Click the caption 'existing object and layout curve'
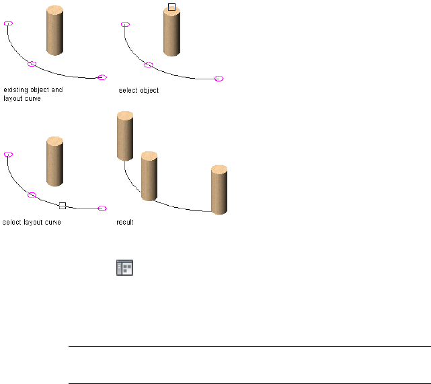click(x=33, y=93)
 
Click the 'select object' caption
click(x=139, y=89)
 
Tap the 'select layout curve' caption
click(x=32, y=222)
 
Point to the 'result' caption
click(x=125, y=222)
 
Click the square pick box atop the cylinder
click(x=171, y=7)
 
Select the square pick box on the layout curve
click(x=63, y=206)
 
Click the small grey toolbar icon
click(x=125, y=268)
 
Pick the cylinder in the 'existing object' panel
click(x=55, y=30)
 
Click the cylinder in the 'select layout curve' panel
click(x=55, y=161)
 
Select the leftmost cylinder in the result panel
click(x=125, y=137)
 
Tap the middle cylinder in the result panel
click(x=149, y=176)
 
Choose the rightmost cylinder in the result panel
click(x=219, y=189)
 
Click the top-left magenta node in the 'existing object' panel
click(x=8, y=23)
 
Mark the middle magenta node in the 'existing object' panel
click(x=32, y=64)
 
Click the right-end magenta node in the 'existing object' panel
click(x=102, y=77)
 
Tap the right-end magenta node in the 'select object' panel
click(x=219, y=79)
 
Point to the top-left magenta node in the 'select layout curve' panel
click(x=8, y=154)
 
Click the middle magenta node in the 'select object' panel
click(x=149, y=65)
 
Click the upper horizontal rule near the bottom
click(x=249, y=348)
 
